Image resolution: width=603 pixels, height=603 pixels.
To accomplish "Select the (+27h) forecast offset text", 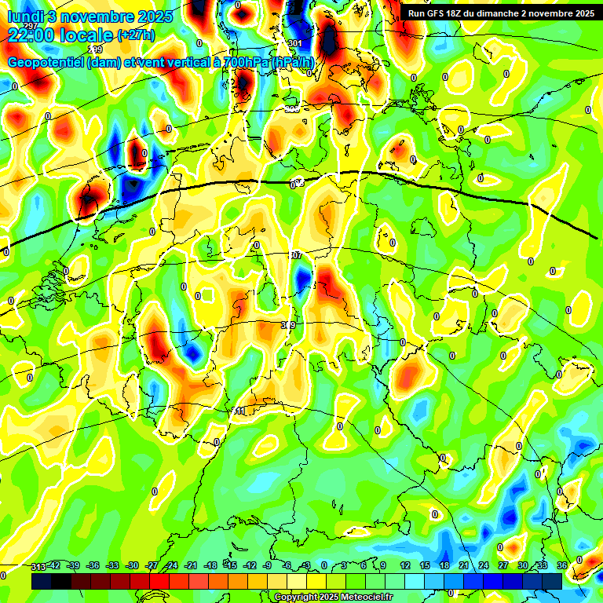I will point(136,35).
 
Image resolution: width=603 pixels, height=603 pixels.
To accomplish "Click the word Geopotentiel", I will point(46,62).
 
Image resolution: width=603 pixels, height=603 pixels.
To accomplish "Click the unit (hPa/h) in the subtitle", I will point(292,62).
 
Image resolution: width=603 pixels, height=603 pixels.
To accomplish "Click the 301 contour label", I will point(294,43).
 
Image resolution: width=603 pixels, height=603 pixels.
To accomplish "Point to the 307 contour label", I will point(295,256).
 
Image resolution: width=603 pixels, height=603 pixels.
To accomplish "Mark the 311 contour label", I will point(239,411).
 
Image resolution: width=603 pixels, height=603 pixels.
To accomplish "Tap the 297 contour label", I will point(30,27).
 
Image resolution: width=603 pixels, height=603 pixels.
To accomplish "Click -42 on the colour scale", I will point(55,565).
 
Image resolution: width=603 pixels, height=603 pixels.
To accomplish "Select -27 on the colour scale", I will point(152,565).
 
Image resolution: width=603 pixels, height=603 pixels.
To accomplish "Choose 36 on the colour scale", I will point(562,565).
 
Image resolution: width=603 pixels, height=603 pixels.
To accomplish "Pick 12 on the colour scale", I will point(404,565).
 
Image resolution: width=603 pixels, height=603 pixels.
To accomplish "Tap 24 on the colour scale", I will point(483,565).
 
